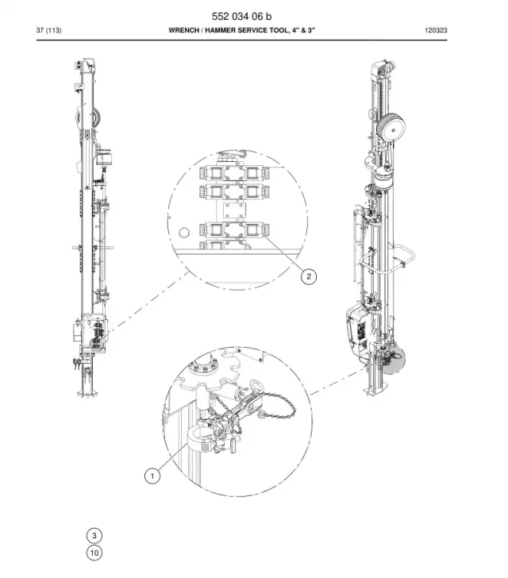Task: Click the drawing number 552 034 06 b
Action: coord(241,16)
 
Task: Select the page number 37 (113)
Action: coord(48,30)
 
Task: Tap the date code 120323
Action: coord(436,30)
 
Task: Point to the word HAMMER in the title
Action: coord(219,30)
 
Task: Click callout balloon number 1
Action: coord(152,476)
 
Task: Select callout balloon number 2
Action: coord(309,276)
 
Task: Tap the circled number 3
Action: coord(94,536)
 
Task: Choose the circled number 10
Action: coord(94,553)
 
